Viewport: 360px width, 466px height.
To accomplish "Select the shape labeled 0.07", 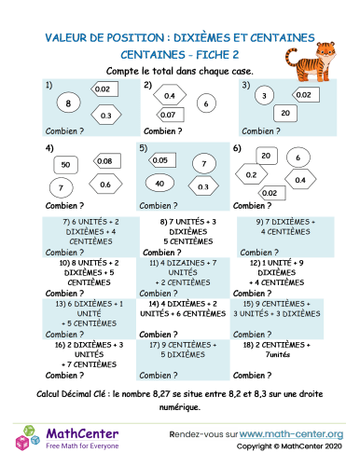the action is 168,115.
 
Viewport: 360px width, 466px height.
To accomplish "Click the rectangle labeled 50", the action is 64,164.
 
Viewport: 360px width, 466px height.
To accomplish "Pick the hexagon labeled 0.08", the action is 104,161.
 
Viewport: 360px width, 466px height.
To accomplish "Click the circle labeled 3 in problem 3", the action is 264,95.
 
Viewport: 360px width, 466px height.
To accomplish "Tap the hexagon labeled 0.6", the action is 105,185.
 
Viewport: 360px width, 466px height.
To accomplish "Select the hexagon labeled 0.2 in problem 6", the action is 252,174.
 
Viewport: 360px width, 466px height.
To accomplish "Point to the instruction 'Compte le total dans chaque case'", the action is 179,71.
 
